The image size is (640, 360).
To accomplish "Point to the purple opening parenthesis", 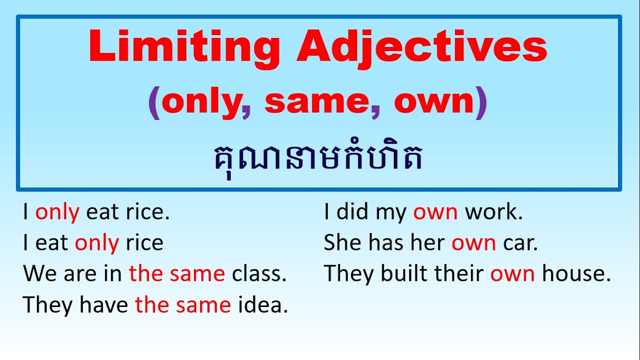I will [154, 103].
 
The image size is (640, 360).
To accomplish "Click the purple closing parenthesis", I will [481, 103].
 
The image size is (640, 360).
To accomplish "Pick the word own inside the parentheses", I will [433, 102].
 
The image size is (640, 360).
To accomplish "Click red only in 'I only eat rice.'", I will [57, 213].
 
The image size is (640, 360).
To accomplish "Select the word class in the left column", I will [259, 274].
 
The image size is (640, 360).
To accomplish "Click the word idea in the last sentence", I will [263, 305].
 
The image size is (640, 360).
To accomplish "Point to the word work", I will [493, 212].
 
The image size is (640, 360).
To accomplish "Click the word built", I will [400, 274].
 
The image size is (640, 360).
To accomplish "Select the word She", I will [342, 243].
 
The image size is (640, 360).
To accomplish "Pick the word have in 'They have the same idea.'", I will [104, 305].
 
